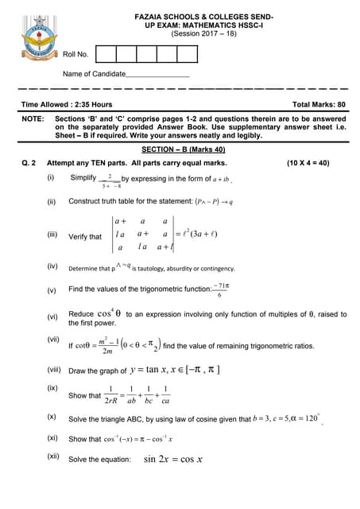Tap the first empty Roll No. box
[105, 54]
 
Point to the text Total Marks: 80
[319, 104]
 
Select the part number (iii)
[52, 235]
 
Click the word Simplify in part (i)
[83, 177]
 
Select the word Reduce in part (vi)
[82, 315]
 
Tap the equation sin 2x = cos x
[173, 459]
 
